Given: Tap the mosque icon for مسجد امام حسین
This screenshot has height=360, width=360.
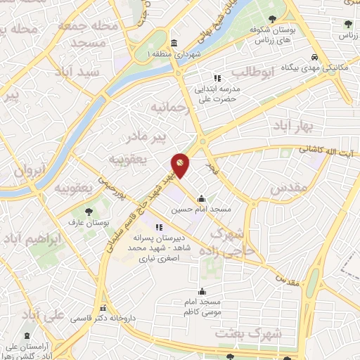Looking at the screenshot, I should (202, 199).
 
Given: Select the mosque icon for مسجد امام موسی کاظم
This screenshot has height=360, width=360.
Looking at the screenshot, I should (202, 291).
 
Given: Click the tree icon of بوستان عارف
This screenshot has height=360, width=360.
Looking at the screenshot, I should (88, 212).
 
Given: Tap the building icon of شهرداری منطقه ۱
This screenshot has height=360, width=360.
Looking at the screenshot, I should (174, 42).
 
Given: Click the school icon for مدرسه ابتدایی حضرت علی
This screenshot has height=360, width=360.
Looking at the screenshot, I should (217, 78).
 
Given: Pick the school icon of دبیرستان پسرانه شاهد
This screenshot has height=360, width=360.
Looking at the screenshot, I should (159, 227).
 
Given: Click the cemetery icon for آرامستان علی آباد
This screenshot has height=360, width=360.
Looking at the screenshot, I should (27, 337).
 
